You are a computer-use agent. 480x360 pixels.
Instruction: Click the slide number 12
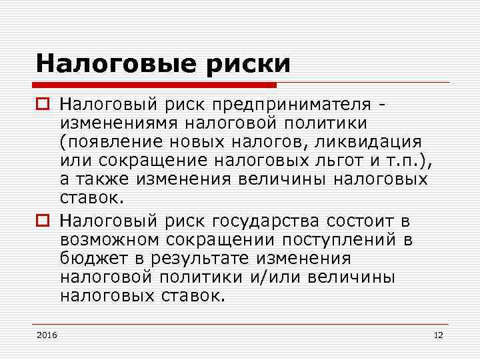click(438, 334)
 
